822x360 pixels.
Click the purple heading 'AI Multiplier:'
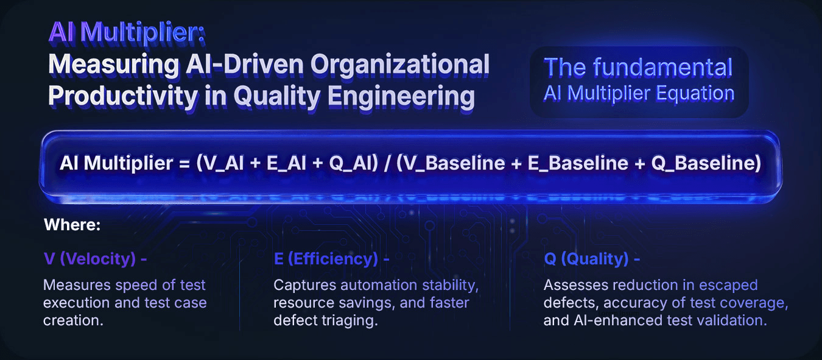coord(127,33)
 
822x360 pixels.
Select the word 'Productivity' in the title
coord(123,96)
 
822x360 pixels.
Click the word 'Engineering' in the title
coord(401,96)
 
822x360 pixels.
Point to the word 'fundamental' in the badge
coord(662,68)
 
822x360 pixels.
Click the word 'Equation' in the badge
coord(695,94)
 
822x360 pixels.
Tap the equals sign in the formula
coord(184,164)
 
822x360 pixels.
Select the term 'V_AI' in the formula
coord(223,163)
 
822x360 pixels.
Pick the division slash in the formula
coord(387,163)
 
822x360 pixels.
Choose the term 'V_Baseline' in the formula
coord(454,163)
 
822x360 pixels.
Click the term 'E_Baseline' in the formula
coord(578,163)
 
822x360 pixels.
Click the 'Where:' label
coord(72,225)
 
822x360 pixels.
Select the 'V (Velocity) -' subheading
coord(96,259)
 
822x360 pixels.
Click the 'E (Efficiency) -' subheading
coord(331,259)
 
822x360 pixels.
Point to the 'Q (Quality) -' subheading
coord(592,259)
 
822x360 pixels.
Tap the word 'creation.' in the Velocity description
coord(74,320)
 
